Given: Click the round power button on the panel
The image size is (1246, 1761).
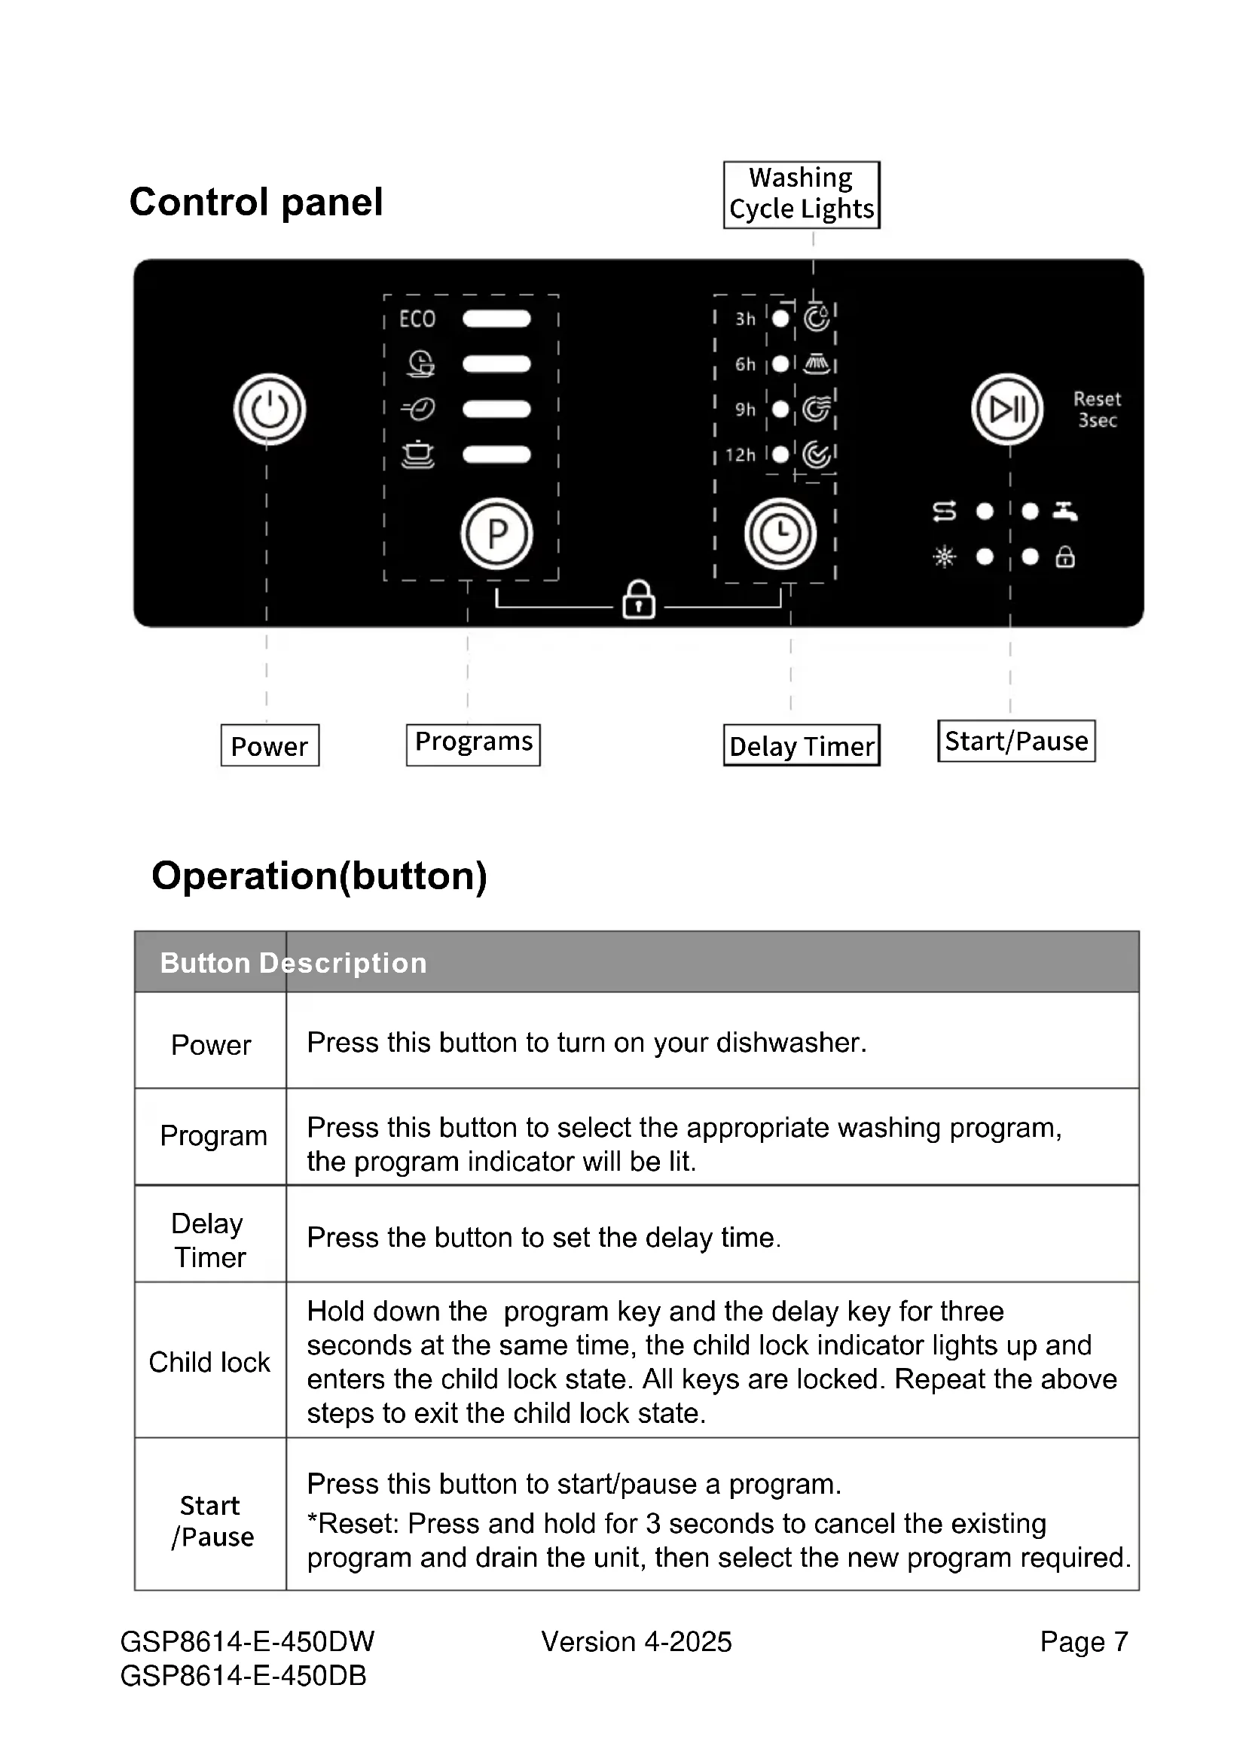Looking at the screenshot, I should pyautogui.click(x=269, y=410).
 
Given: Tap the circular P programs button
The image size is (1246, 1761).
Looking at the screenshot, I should pyautogui.click(x=496, y=534).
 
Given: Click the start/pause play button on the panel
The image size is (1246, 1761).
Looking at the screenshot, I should pyautogui.click(x=1006, y=410).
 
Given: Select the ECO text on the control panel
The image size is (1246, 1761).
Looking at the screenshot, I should pyautogui.click(x=417, y=319).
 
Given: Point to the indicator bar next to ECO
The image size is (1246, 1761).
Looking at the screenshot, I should pyautogui.click(x=496, y=319).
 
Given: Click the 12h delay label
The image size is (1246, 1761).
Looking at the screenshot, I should pyautogui.click(x=741, y=455).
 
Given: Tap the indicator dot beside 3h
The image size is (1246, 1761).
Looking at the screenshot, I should pyautogui.click(x=780, y=318).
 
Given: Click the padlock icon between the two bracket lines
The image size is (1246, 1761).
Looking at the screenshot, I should pyautogui.click(x=638, y=599).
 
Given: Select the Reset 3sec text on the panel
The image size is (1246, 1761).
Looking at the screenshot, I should pyautogui.click(x=1097, y=410).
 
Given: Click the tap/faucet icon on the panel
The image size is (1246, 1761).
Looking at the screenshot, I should pyautogui.click(x=1065, y=510).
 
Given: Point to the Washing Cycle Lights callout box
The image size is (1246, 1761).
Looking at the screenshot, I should pyautogui.click(x=801, y=194).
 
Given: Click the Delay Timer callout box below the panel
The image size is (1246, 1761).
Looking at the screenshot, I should pyautogui.click(x=801, y=745).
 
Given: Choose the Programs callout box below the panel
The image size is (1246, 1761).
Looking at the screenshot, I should pyautogui.click(x=473, y=744).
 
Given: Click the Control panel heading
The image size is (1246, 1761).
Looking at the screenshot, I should pyautogui.click(x=256, y=203).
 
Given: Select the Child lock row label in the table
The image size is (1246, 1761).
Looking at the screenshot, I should pyautogui.click(x=209, y=1363).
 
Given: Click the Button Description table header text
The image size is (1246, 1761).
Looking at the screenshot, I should pyautogui.click(x=293, y=964).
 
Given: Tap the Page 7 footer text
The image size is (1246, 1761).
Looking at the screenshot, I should pyautogui.click(x=1083, y=1642).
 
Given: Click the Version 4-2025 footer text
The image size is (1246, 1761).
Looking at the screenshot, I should pyautogui.click(x=636, y=1642).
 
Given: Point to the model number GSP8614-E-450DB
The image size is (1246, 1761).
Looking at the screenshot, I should pyautogui.click(x=243, y=1676).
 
